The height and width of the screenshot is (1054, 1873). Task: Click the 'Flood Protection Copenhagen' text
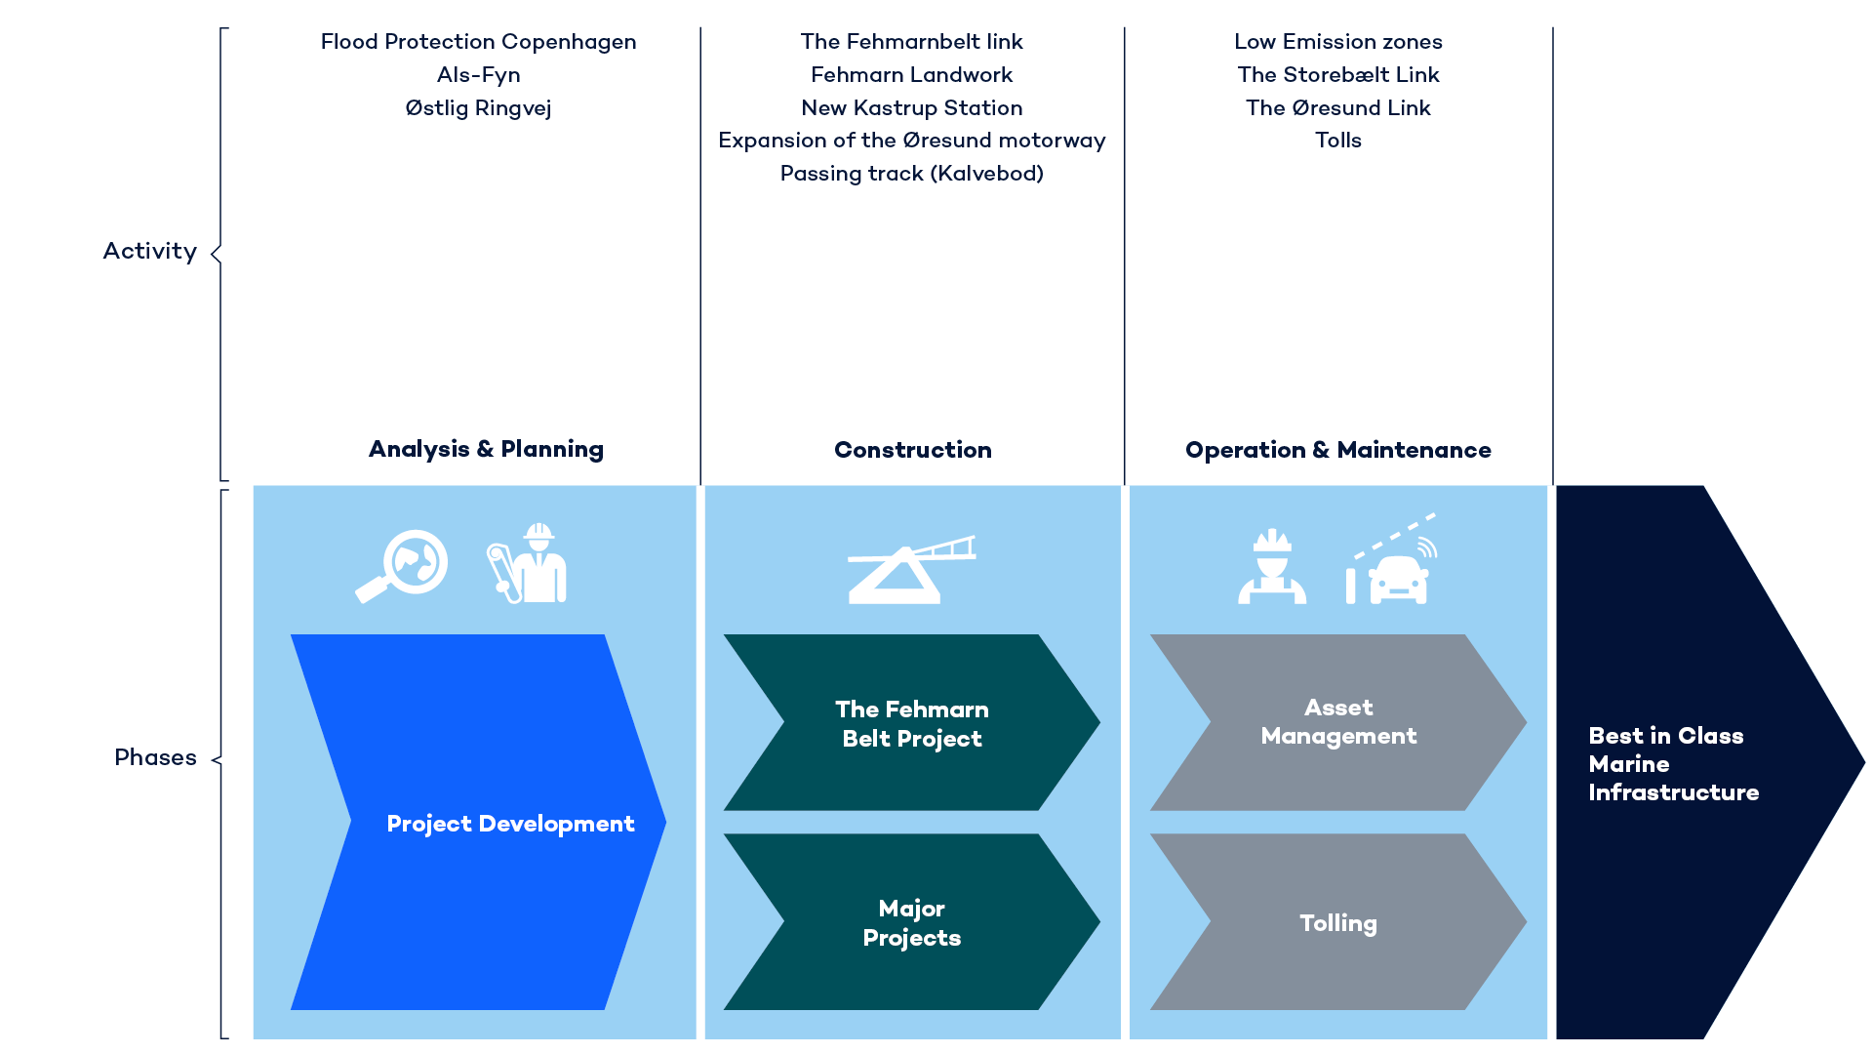(x=478, y=42)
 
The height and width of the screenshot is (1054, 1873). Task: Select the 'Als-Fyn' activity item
(x=478, y=75)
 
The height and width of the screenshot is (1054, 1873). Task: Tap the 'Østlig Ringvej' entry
(x=478, y=108)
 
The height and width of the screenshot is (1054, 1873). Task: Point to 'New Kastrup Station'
(x=911, y=108)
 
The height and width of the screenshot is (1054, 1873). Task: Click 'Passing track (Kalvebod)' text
(x=911, y=174)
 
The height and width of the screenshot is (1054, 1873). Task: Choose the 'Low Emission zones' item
(x=1337, y=42)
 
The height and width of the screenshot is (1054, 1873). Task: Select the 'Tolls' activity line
(x=1337, y=141)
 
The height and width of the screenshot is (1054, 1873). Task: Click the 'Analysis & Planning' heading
(x=486, y=449)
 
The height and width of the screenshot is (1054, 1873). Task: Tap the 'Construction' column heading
(x=912, y=450)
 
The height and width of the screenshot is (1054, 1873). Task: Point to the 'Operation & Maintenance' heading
(x=1337, y=450)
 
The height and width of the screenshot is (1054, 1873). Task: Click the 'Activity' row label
(x=150, y=252)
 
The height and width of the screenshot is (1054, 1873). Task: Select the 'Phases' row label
(x=155, y=757)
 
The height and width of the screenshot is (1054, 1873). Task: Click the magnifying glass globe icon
(x=402, y=566)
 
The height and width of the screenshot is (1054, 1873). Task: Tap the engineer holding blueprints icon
(x=528, y=563)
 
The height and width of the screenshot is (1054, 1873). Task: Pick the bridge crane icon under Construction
(x=910, y=570)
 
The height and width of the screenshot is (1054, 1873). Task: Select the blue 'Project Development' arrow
(x=478, y=823)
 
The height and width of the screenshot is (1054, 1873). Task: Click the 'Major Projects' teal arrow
(x=911, y=922)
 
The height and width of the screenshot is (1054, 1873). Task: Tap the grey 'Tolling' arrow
(x=1337, y=922)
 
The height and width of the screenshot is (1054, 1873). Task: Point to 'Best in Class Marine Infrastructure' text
(x=1672, y=763)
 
